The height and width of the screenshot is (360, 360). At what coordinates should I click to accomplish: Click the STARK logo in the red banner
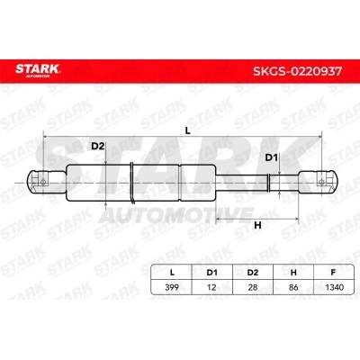coord(38,70)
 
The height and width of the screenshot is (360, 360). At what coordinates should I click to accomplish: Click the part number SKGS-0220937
coord(297,71)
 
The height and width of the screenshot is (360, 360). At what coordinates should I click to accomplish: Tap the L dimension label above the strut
coord(187,130)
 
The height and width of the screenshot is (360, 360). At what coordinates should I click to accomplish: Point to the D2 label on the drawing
coord(97,147)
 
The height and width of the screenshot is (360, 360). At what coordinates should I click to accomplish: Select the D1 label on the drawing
coord(272,157)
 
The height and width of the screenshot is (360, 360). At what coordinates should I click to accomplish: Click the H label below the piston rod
coord(257,225)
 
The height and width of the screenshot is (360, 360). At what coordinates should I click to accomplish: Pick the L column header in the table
coord(172,273)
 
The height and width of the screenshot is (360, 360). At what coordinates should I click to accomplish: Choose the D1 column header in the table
coord(211,273)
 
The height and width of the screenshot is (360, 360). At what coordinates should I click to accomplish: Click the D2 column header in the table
coord(253,273)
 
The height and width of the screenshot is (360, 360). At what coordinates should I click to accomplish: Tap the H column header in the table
coord(293,273)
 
